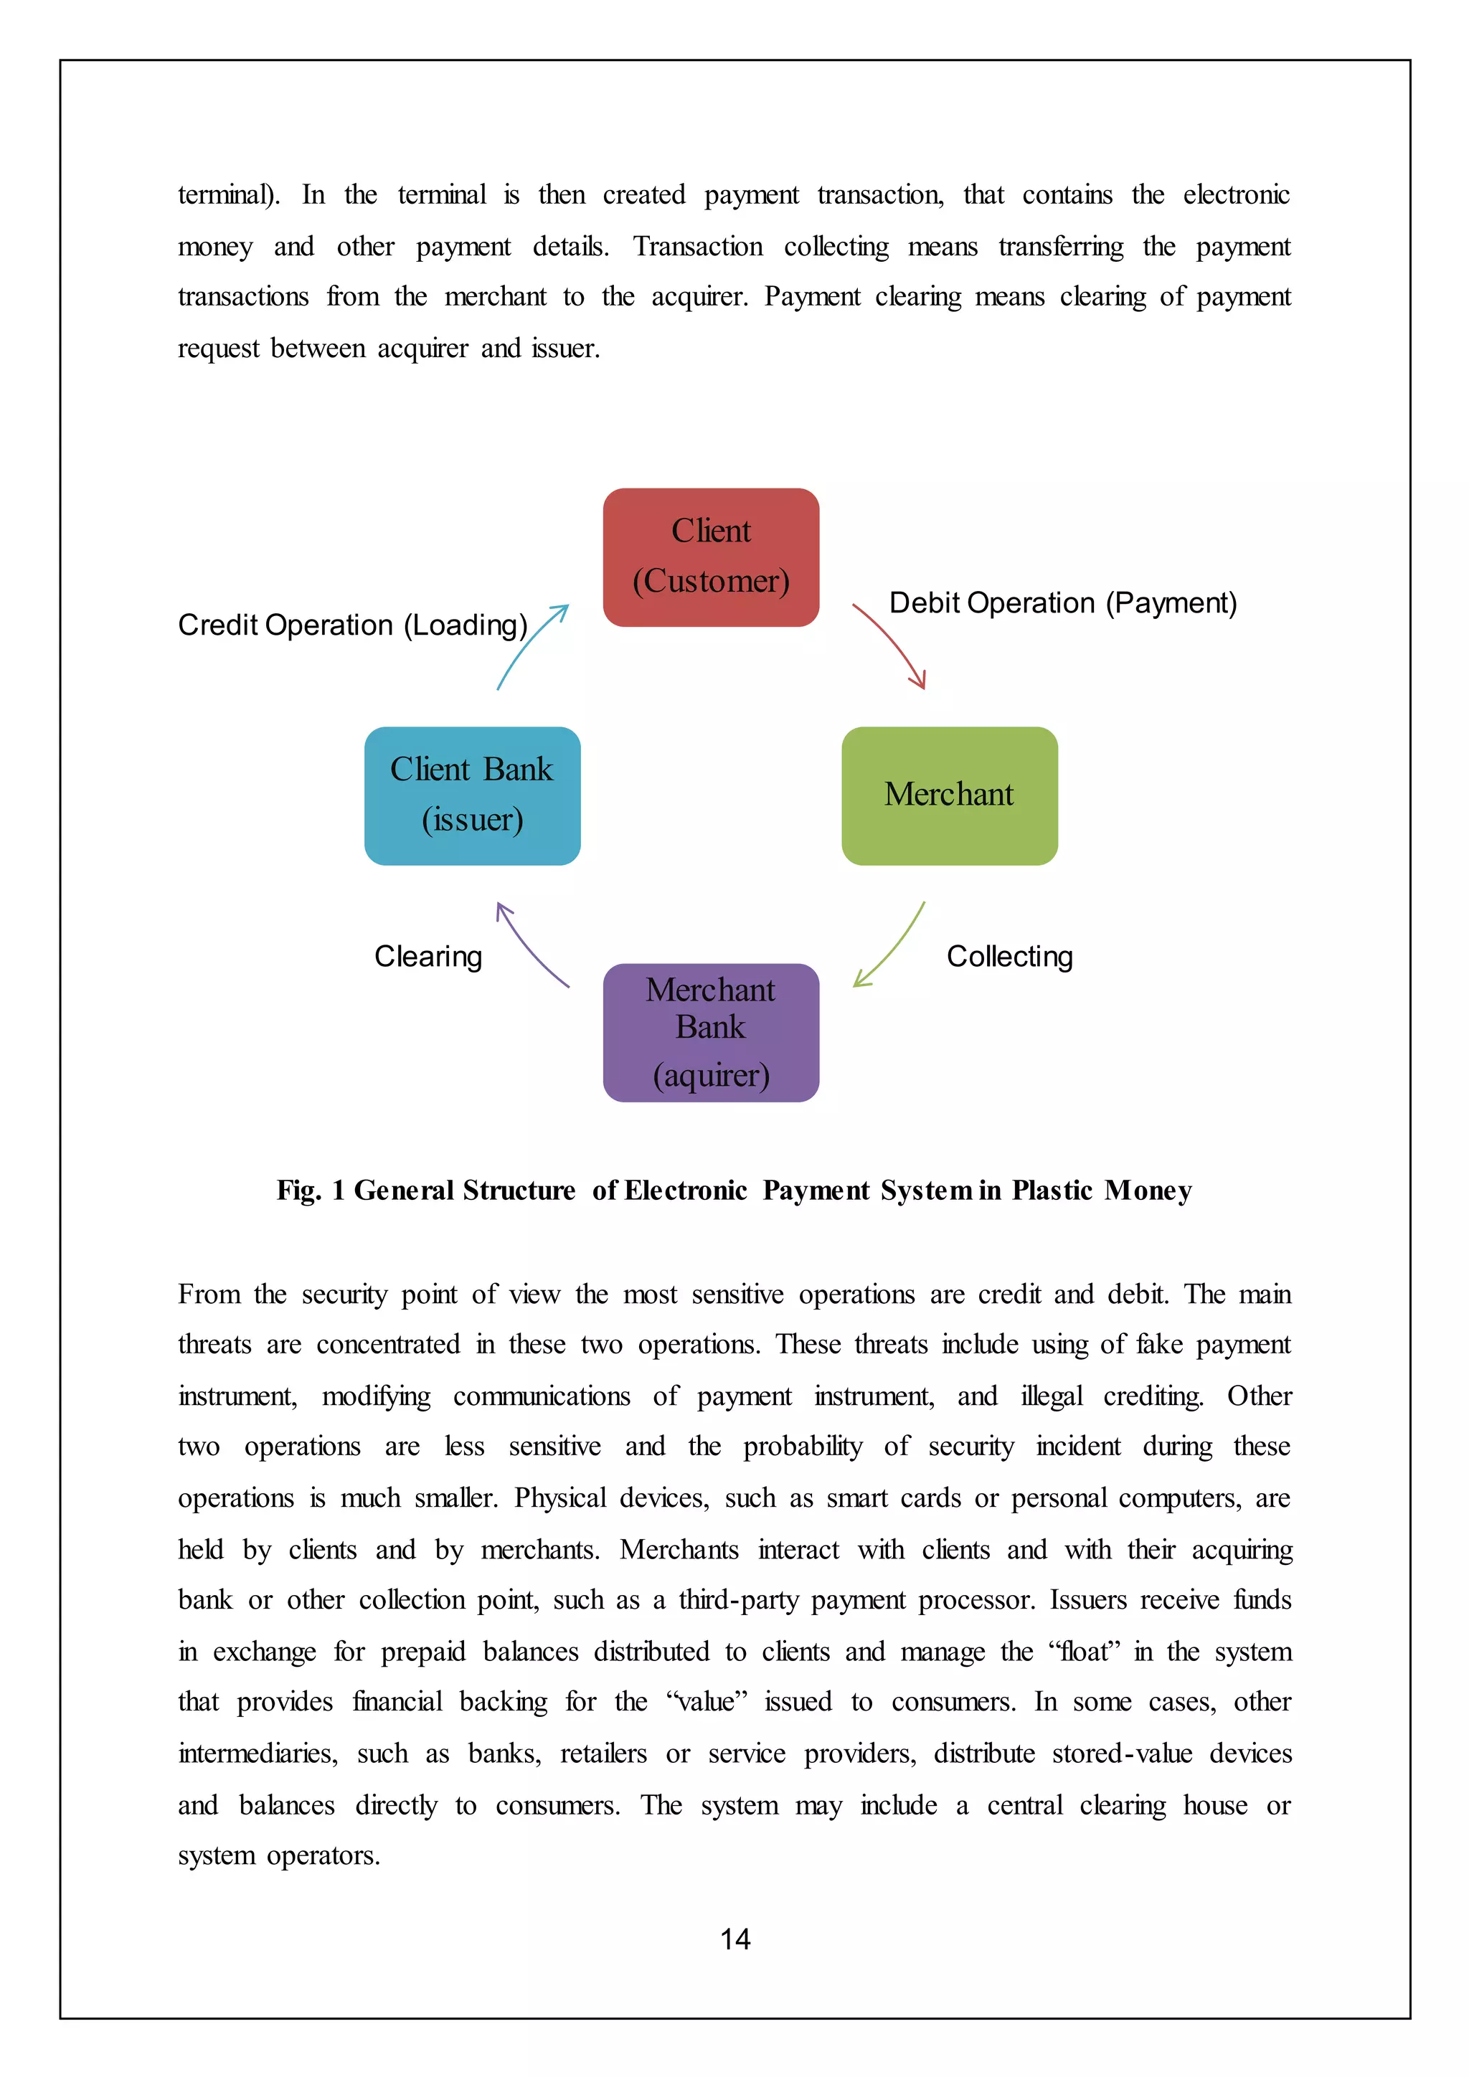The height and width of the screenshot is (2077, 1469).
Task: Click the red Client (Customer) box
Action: coord(711,557)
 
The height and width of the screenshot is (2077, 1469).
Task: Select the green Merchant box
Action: coord(949,795)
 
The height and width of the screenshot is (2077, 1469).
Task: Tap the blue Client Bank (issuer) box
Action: coord(472,795)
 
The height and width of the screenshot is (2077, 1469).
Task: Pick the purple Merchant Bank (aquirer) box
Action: coord(711,1032)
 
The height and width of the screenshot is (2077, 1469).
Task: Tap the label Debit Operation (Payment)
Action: coord(1063,603)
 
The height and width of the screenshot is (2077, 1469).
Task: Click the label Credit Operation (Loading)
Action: coord(353,625)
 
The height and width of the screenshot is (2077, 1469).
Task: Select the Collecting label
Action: coord(1009,956)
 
